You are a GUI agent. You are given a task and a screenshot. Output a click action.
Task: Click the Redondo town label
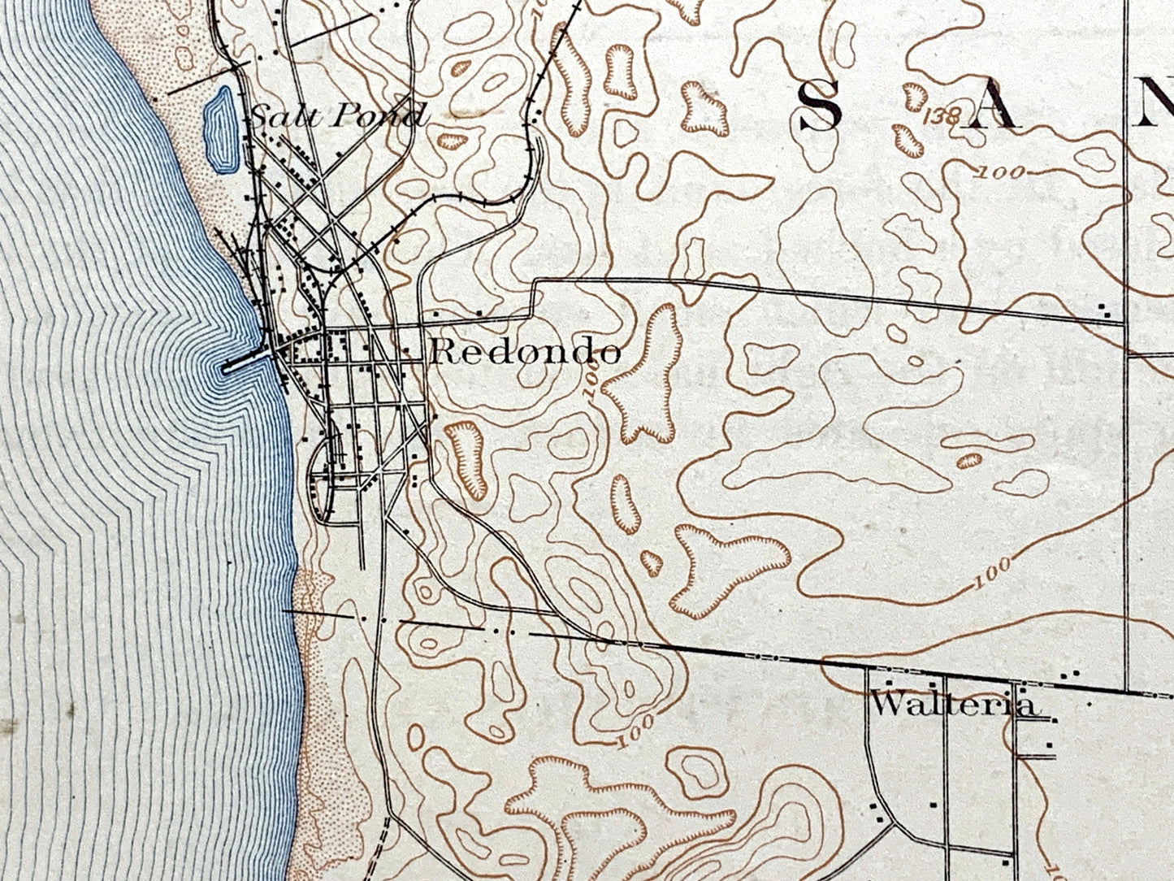tap(526, 351)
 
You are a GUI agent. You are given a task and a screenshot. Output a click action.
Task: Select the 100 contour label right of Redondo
tap(594, 382)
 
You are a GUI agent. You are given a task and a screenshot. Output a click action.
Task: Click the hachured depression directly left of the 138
tap(909, 139)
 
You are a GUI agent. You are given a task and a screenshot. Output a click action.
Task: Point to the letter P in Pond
tap(336, 116)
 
